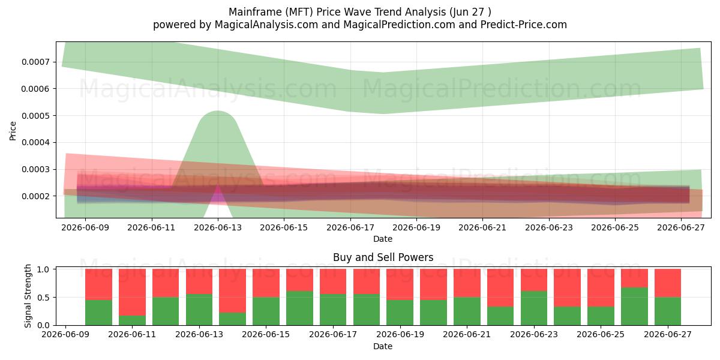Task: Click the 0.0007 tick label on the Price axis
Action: tap(35, 62)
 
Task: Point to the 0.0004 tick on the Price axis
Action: tap(35, 142)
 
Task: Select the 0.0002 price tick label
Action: tap(35, 196)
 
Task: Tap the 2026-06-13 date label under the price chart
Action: tap(218, 227)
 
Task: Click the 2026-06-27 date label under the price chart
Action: tap(681, 227)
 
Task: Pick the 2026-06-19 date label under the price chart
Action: tap(416, 227)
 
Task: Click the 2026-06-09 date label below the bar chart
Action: tap(65, 334)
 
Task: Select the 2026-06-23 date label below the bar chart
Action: tap(534, 334)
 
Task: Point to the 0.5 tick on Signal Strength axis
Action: tap(43, 298)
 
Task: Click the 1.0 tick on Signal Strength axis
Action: tap(43, 269)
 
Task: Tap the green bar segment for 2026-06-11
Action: tap(132, 320)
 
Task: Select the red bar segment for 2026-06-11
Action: tap(132, 292)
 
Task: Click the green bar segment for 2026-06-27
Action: tap(668, 311)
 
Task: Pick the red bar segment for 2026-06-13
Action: tap(199, 281)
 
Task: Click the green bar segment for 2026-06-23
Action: tap(534, 308)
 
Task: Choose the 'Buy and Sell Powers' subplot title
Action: tap(383, 257)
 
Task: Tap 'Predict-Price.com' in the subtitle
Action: tap(524, 25)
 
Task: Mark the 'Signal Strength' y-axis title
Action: tap(28, 296)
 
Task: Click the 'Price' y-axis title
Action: tap(13, 131)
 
